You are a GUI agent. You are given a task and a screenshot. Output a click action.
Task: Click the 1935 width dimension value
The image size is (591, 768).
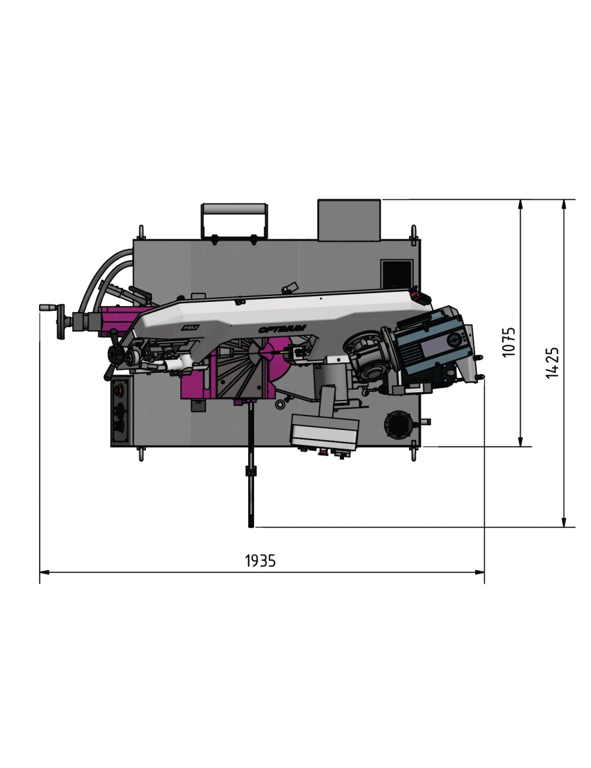(x=260, y=560)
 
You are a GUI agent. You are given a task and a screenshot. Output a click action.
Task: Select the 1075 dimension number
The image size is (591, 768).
(x=509, y=341)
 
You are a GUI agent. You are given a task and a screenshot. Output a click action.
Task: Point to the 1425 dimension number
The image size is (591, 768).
(x=552, y=362)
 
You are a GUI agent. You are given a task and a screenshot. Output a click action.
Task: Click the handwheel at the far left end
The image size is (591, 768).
(x=60, y=323)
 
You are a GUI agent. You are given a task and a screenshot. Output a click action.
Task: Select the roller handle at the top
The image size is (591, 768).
(x=233, y=211)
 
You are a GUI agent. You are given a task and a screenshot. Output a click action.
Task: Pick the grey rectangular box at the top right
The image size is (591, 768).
(x=349, y=220)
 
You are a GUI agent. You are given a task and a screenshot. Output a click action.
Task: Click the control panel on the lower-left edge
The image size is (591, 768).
(x=121, y=412)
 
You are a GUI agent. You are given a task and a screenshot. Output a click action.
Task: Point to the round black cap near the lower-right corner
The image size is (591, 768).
(x=397, y=424)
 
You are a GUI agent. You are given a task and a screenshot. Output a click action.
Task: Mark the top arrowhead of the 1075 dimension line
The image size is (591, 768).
(x=520, y=204)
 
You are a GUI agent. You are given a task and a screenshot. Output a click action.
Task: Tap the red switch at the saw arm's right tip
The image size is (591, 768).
(x=417, y=293)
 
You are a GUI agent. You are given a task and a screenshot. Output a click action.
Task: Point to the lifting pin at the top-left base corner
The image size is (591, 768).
(x=141, y=231)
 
